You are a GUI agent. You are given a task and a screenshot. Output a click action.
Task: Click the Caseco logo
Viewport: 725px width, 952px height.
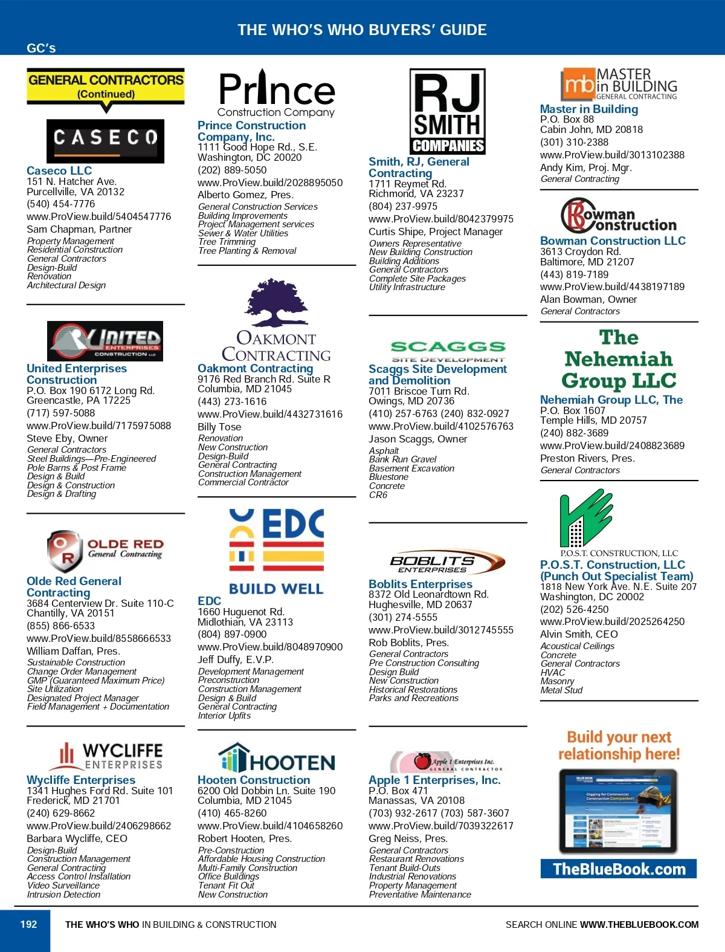(x=105, y=141)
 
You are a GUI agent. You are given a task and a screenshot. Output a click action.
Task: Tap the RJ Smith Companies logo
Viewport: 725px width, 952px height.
(x=447, y=111)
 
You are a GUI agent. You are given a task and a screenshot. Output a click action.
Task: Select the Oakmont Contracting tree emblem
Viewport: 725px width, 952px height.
(x=276, y=303)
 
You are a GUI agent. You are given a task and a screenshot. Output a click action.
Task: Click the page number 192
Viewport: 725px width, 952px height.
(x=28, y=924)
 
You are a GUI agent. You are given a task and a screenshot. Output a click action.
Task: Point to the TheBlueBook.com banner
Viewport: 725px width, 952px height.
(x=619, y=869)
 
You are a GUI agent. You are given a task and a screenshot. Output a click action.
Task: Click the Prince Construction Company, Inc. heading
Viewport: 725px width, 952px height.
(x=251, y=131)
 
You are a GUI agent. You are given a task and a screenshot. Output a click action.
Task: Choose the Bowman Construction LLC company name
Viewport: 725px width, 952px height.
(x=613, y=241)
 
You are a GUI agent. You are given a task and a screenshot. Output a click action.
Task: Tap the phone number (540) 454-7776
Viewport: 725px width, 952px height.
(x=60, y=204)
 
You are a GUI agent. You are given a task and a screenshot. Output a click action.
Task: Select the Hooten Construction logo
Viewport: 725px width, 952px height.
(x=276, y=759)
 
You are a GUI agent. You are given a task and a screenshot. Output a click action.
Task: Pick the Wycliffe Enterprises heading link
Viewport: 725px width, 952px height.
(x=81, y=780)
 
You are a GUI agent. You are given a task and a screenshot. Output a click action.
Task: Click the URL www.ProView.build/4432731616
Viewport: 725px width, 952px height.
(x=269, y=414)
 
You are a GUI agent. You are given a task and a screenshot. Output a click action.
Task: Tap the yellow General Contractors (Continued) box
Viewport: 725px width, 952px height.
(x=106, y=86)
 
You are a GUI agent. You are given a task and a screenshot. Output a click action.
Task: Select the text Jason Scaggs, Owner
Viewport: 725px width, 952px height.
(x=417, y=439)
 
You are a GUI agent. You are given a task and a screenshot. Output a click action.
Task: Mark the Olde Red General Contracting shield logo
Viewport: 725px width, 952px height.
(x=64, y=551)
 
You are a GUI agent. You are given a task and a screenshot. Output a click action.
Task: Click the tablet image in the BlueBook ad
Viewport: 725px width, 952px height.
(x=618, y=811)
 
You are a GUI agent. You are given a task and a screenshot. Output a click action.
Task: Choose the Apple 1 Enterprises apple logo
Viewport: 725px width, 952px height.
(x=422, y=761)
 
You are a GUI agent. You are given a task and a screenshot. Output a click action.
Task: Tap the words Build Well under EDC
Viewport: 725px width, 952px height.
(x=276, y=588)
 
